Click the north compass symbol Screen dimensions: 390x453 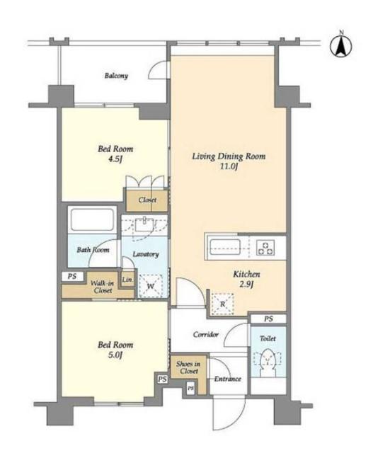tap(341, 45)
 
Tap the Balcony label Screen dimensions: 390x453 tap(116, 76)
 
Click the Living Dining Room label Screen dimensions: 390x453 tap(229, 156)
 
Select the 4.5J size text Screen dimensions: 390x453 tap(115, 159)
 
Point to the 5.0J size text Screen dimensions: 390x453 tap(115, 355)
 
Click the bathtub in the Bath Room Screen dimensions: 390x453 tap(92, 219)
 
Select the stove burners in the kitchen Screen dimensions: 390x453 tap(265, 248)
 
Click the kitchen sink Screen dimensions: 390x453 tap(225, 247)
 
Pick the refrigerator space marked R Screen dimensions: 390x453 tap(222, 304)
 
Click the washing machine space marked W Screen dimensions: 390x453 tap(151, 286)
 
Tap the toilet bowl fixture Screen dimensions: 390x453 tap(268, 360)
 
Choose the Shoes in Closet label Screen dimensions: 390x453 tap(188, 367)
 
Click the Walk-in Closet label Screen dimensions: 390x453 tap(103, 287)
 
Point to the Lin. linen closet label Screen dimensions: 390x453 tap(127, 280)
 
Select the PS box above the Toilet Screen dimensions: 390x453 tap(268, 319)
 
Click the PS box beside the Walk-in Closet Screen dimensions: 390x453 tap(72, 277)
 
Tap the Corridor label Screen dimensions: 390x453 tap(206, 335)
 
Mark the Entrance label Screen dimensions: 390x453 tap(228, 379)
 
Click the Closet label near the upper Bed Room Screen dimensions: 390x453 tap(147, 200)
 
